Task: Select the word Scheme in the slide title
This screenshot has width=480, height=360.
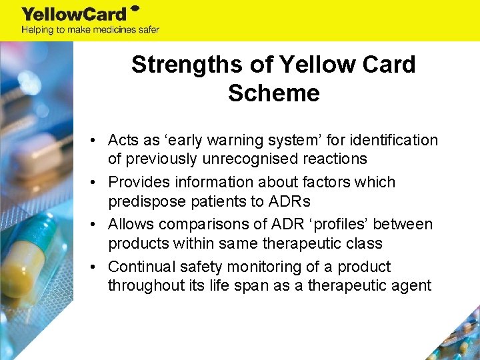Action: (x=273, y=93)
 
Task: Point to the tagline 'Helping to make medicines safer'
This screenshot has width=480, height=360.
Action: (x=90, y=29)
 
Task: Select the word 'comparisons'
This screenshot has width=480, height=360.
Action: (x=197, y=225)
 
